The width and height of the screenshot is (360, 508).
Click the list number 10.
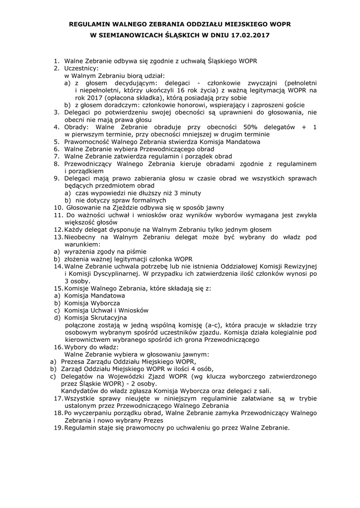coord(58,207)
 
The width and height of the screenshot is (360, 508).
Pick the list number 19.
coord(58,428)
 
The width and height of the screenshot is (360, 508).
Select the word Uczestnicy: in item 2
coord(81,68)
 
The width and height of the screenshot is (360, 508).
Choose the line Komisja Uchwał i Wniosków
coord(106,310)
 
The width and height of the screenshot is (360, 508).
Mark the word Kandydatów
coord(83,391)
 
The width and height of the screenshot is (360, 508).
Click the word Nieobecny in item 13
coord(82,238)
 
